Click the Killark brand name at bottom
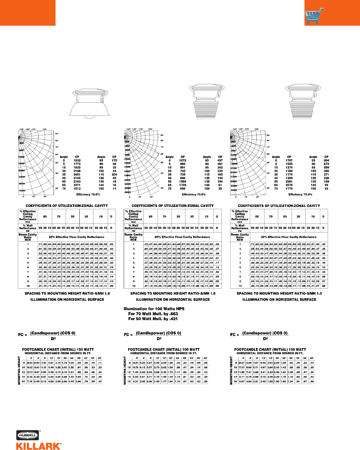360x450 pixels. point(39,446)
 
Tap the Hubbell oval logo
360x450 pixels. point(28,435)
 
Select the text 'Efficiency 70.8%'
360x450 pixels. point(88,195)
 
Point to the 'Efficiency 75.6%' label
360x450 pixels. point(194,195)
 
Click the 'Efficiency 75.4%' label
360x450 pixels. point(300,195)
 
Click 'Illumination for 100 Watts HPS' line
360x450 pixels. point(154,309)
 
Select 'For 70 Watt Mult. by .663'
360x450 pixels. point(153,314)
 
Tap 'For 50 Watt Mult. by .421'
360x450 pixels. point(153,319)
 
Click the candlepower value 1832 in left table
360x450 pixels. point(77,160)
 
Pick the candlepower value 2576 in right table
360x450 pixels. point(289,185)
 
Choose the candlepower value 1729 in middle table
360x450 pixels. point(183,185)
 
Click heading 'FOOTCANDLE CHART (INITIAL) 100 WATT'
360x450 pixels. point(164,349)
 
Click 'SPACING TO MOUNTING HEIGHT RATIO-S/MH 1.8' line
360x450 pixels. point(67,293)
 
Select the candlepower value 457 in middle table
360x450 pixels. point(220,160)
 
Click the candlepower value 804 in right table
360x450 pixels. point(326,160)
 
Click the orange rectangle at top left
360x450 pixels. point(27,13)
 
